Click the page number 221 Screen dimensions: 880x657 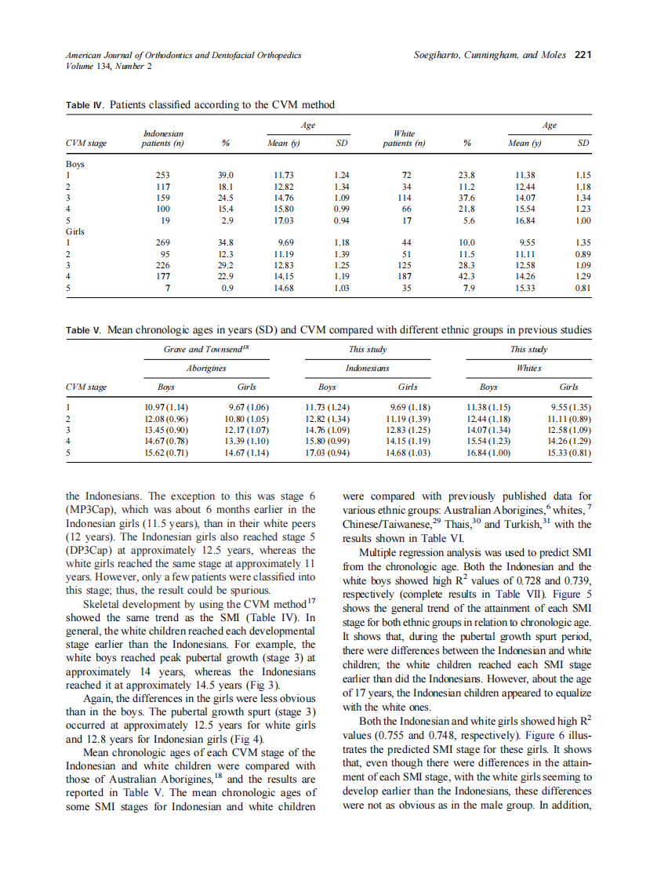coord(583,55)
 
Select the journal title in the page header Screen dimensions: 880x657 coord(183,55)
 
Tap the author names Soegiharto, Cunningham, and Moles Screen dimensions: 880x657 coord(489,55)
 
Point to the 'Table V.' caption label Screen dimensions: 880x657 coord(83,330)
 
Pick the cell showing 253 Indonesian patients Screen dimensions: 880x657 coord(162,176)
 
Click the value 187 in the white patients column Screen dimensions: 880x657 coord(405,276)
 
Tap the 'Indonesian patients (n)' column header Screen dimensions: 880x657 coord(162,139)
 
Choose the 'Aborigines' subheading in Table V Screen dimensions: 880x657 coord(205,368)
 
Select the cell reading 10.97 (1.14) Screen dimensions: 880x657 coord(166,408)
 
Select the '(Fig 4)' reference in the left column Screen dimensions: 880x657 coord(250,738)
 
